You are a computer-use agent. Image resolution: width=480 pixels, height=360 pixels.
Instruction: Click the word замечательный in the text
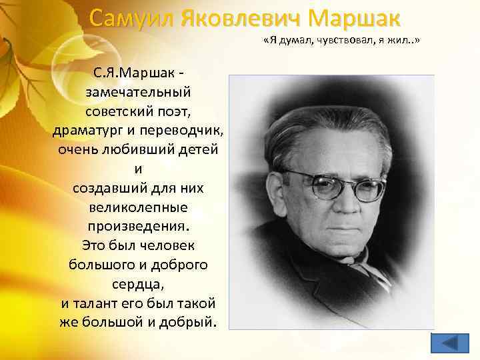pyautogui.click(x=139, y=89)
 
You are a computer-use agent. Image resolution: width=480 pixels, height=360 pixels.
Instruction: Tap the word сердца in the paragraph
pyautogui.click(x=137, y=284)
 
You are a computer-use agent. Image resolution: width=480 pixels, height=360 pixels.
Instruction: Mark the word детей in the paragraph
pyautogui.click(x=199, y=148)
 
